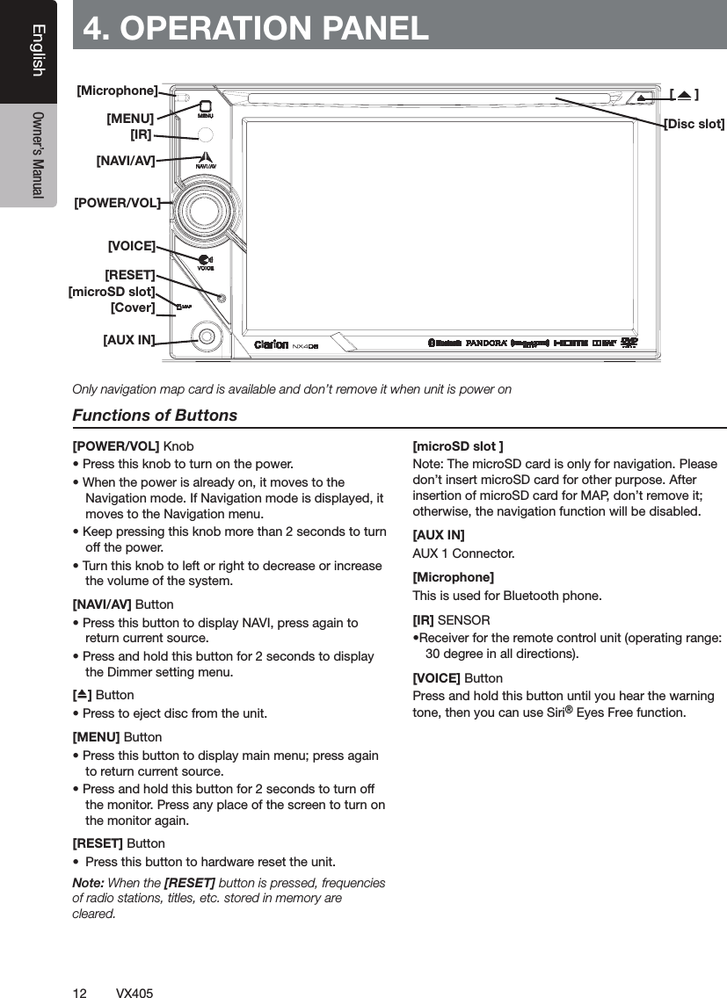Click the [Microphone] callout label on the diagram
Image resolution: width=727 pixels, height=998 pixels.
pos(118,90)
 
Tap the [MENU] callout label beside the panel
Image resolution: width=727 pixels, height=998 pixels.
pos(130,118)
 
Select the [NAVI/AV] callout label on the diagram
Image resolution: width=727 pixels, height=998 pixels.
pos(126,161)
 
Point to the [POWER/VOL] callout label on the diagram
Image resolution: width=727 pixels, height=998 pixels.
pos(118,203)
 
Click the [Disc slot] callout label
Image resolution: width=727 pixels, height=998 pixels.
pos(694,124)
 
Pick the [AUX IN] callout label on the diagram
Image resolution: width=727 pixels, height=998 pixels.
pos(129,340)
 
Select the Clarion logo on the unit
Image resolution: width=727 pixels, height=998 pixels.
pos(271,344)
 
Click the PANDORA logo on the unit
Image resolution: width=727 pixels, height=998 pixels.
pos(485,344)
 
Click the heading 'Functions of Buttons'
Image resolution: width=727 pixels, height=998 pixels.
pos(155,415)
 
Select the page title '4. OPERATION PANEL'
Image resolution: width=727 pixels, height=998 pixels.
pos(256,27)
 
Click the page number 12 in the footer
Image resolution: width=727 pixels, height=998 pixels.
pos(79,993)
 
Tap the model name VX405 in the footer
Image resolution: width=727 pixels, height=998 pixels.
pos(134,993)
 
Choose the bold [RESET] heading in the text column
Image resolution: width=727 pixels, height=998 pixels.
pos(98,843)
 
